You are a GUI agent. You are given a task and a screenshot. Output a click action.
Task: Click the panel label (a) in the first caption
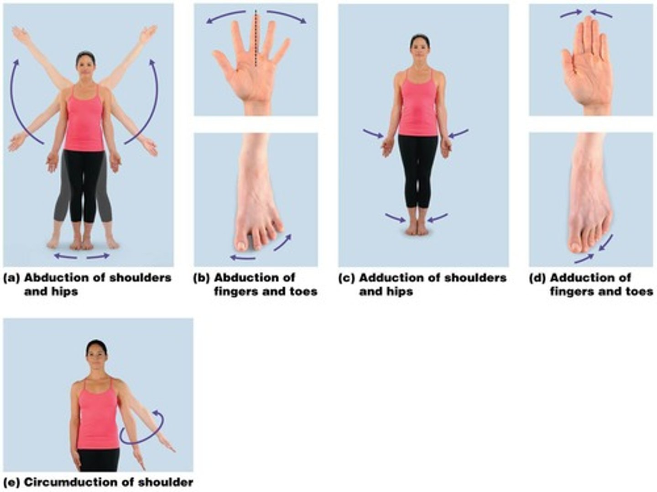(x=11, y=278)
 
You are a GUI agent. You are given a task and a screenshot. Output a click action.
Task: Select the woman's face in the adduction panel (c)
(x=419, y=44)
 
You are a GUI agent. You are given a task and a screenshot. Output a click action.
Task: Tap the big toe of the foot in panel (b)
(x=241, y=242)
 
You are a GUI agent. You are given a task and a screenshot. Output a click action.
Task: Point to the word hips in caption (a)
(x=64, y=291)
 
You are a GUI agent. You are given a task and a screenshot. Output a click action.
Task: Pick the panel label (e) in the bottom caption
(x=11, y=482)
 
